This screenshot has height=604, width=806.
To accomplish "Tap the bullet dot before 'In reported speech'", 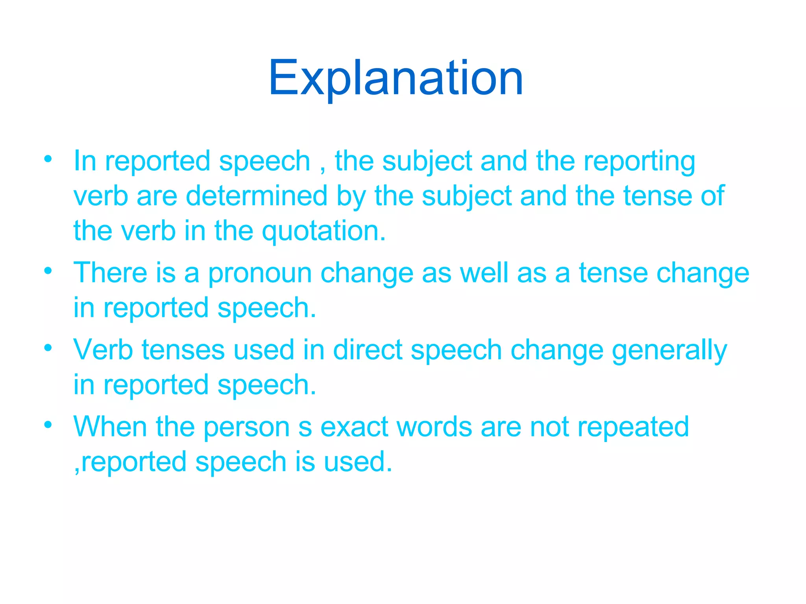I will (48, 159).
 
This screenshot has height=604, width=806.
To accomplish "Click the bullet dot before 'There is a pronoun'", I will (48, 271).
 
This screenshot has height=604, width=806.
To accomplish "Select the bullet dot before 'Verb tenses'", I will (48, 348).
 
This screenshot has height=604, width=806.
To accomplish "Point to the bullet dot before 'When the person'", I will (48, 425).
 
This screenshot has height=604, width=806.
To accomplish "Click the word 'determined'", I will (256, 196).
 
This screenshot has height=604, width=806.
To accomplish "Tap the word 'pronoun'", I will (260, 273).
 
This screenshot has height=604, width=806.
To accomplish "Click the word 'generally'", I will (669, 350).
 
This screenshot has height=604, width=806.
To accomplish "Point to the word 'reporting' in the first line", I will (639, 161).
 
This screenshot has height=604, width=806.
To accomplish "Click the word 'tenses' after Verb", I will (183, 350).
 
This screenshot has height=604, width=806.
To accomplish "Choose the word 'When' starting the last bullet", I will (110, 427).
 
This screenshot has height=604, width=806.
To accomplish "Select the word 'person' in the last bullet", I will (246, 427).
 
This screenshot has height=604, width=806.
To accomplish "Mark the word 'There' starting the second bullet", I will (110, 273).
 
